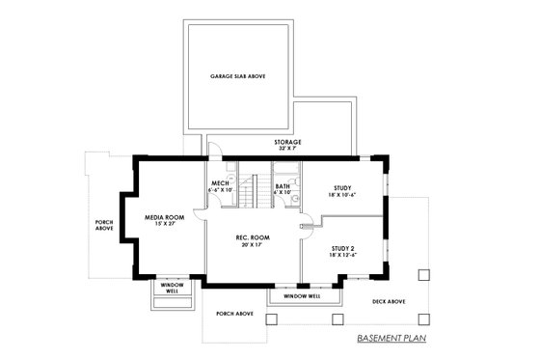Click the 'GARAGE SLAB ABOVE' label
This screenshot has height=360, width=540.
[237, 75]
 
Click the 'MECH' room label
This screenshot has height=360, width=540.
[219, 183]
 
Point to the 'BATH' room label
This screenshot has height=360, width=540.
[283, 186]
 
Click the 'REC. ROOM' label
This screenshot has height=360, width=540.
[253, 237]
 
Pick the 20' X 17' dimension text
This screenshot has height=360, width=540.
[253, 245]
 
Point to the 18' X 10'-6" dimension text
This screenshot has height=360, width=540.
[342, 195]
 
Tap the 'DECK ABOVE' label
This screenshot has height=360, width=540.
[389, 301]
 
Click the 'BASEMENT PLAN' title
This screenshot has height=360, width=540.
[391, 340]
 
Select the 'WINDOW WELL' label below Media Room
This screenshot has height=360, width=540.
[173, 289]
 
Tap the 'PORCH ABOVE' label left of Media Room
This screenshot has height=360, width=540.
[104, 225]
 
